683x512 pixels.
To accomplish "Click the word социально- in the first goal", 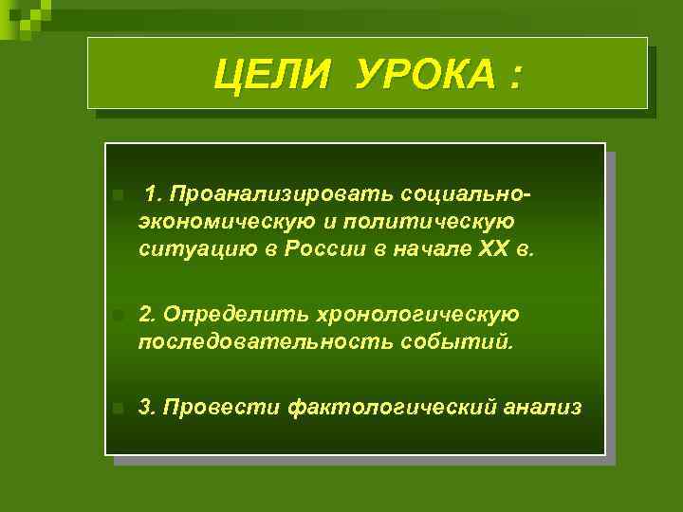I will click(x=466, y=194).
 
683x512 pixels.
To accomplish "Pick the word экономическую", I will click(x=213, y=223).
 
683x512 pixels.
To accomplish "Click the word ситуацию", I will click(x=190, y=251).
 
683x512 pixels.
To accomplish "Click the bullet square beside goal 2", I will click(x=116, y=314).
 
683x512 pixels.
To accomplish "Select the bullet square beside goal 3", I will click(x=116, y=409).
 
